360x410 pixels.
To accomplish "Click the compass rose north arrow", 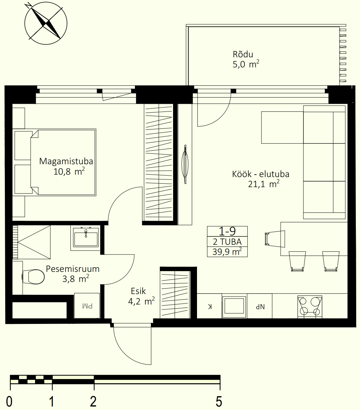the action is pos(46,23).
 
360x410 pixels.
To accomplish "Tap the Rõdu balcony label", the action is pos(243,55).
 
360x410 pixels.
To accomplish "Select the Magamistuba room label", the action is pos(66,161).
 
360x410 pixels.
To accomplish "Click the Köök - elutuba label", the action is pos(261,174).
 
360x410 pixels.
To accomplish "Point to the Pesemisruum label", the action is pos(72,269).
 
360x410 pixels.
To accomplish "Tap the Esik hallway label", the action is pos(138,291).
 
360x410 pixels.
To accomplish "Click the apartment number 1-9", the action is pos(227,231).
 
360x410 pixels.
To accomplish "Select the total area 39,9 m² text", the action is pos(227,252).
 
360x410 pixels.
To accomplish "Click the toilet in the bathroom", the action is pos(33,277).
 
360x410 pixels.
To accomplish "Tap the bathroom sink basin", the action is pos(86,237).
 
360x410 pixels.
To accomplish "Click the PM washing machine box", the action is pos(87,306).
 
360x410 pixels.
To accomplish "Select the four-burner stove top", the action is pos(310,307).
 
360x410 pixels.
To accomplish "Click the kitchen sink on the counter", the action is pos(234,307).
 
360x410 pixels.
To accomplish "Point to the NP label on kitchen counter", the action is pos(260,307).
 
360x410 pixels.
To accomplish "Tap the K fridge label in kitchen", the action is pos(210,307).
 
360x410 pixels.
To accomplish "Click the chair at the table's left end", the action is pos(275,239).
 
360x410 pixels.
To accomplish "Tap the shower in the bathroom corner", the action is pos(31,242).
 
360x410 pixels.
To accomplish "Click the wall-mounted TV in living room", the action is pos(185,164).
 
